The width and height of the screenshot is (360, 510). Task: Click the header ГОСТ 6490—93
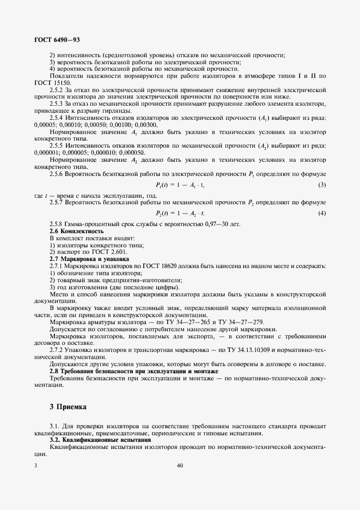point(57,40)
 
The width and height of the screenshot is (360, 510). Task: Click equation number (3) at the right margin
point(322,186)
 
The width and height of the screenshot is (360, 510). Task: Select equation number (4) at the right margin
point(322,212)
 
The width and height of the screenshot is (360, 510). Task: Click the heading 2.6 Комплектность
point(76,232)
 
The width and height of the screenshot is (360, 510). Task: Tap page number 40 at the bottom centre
point(180,466)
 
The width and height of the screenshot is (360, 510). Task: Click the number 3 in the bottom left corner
point(36,466)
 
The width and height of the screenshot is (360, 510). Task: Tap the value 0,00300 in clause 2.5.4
point(145,125)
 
